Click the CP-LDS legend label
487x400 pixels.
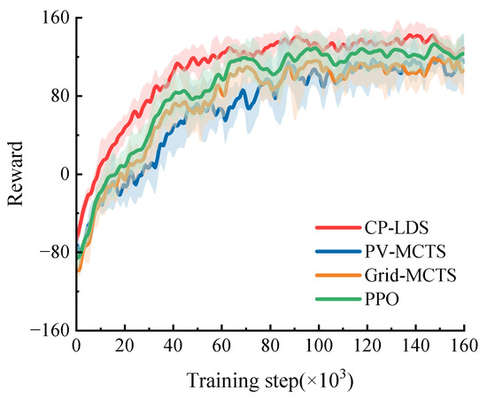click(x=397, y=228)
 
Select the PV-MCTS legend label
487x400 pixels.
click(x=405, y=251)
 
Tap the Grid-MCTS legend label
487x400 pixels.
click(x=410, y=275)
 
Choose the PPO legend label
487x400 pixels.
click(x=382, y=299)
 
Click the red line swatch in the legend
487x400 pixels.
click(x=338, y=228)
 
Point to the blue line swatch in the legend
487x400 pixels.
click(x=338, y=251)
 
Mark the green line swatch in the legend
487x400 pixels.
click(x=338, y=299)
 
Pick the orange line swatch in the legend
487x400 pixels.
click(x=338, y=275)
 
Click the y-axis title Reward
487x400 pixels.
click(x=16, y=174)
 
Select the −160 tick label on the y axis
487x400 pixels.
click(x=50, y=330)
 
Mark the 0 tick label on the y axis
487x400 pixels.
click(x=65, y=174)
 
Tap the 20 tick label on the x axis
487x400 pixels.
click(x=125, y=345)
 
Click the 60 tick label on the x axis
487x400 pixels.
click(x=221, y=345)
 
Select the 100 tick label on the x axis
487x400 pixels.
click(x=319, y=345)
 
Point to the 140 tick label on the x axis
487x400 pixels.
click(x=416, y=345)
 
